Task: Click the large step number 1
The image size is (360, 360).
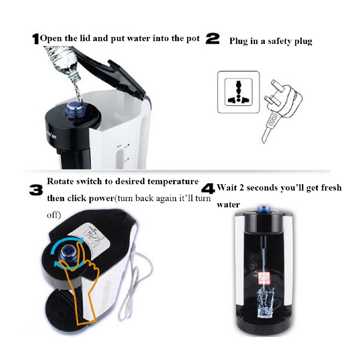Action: tap(36, 39)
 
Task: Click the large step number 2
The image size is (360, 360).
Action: tap(212, 39)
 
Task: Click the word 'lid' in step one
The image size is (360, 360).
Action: tap(85, 38)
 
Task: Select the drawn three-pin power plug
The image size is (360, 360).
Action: tap(281, 102)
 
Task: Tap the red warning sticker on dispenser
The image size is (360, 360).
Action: tap(263, 278)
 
